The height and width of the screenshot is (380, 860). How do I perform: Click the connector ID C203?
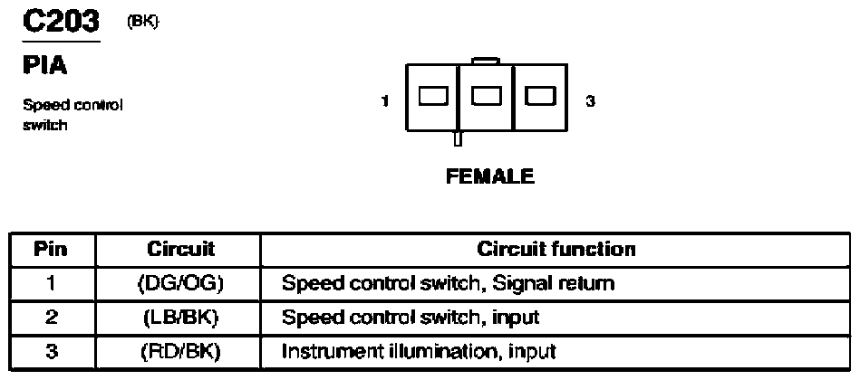pyautogui.click(x=61, y=22)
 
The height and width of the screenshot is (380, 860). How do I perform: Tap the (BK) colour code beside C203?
pyautogui.click(x=142, y=23)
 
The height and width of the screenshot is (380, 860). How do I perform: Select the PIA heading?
pyautogui.click(x=44, y=66)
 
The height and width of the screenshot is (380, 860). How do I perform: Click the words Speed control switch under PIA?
pyautogui.click(x=72, y=115)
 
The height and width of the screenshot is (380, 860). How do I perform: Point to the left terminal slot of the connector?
pyautogui.click(x=433, y=96)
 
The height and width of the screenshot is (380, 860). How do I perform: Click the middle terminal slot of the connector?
pyautogui.click(x=487, y=96)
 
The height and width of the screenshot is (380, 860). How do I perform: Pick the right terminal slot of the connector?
pyautogui.click(x=539, y=96)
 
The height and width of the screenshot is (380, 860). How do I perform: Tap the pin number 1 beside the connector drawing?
pyautogui.click(x=385, y=101)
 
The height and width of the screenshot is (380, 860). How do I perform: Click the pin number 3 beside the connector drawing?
pyautogui.click(x=590, y=101)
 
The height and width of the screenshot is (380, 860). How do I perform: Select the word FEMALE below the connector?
pyautogui.click(x=489, y=176)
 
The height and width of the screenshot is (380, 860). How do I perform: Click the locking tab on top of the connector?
pyautogui.click(x=486, y=61)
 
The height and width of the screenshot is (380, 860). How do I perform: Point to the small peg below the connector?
pyautogui.click(x=459, y=138)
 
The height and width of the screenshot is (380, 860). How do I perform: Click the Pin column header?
pyautogui.click(x=52, y=249)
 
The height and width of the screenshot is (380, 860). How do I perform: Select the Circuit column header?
pyautogui.click(x=180, y=249)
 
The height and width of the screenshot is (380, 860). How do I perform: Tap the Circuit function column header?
pyautogui.click(x=556, y=249)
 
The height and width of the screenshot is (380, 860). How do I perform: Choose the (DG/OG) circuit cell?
pyautogui.click(x=179, y=283)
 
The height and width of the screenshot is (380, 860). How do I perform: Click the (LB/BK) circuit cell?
pyautogui.click(x=179, y=317)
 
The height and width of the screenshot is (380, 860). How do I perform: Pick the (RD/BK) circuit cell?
pyautogui.click(x=179, y=351)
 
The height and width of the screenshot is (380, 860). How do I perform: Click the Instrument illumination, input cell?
pyautogui.click(x=419, y=351)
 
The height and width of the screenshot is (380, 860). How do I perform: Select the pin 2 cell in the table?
pyautogui.click(x=52, y=317)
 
